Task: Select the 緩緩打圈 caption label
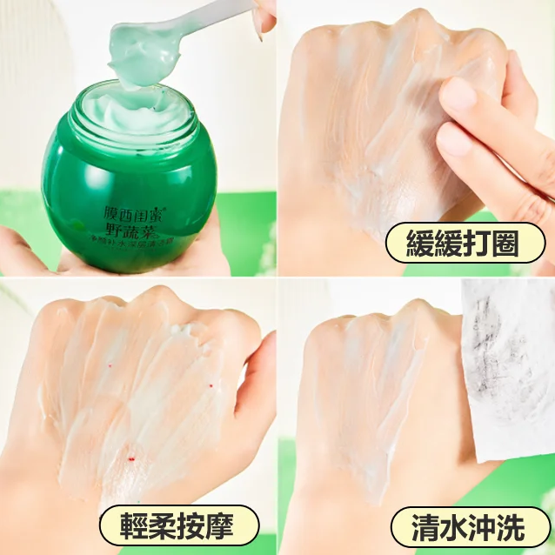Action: (x=463, y=244)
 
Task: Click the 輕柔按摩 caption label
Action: (x=178, y=525)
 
